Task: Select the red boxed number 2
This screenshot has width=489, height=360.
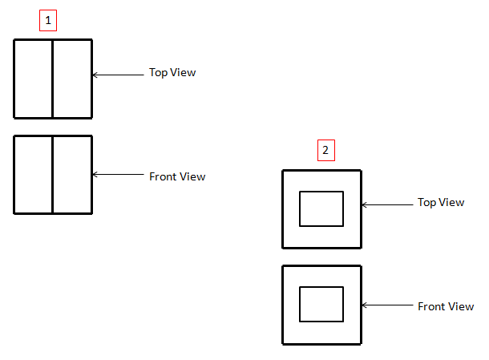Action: pyautogui.click(x=325, y=150)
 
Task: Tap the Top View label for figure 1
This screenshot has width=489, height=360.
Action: pyautogui.click(x=172, y=73)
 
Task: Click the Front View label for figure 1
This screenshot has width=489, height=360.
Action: pyautogui.click(x=177, y=176)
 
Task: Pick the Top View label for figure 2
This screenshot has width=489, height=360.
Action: pyautogui.click(x=441, y=203)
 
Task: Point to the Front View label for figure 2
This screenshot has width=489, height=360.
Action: pyautogui.click(x=446, y=306)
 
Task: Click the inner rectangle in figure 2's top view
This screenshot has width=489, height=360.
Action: pyautogui.click(x=321, y=208)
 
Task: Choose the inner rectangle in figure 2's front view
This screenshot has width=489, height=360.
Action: pyautogui.click(x=321, y=304)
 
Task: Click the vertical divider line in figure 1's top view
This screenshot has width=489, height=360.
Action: pyautogui.click(x=53, y=79)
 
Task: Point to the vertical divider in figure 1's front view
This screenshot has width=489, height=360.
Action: pyautogui.click(x=53, y=175)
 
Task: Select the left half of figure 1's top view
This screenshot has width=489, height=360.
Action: pyautogui.click(x=34, y=79)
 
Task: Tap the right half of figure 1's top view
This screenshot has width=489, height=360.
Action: pyautogui.click(x=72, y=79)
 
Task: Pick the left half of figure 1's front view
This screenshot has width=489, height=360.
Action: pyautogui.click(x=34, y=175)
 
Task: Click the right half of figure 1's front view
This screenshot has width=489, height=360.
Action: pyautogui.click(x=72, y=175)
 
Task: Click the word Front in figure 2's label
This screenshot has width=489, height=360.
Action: pyautogui.click(x=432, y=306)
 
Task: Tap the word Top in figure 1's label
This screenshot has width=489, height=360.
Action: pyautogui.click(x=158, y=73)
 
